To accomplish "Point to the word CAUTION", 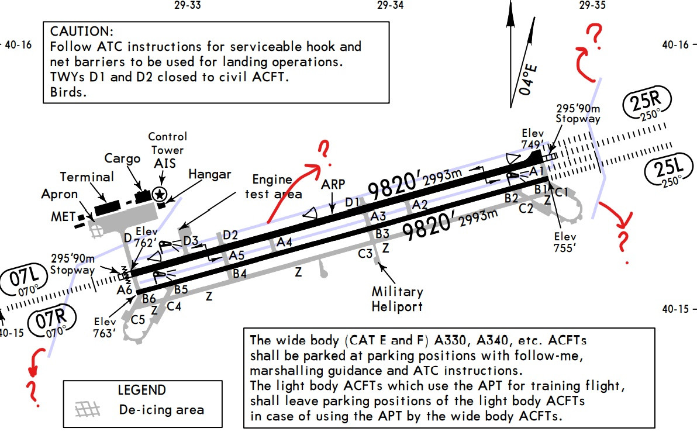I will (82, 31).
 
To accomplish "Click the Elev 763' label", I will (109, 327).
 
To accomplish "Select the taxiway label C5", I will (139, 320).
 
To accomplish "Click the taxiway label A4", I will (285, 241).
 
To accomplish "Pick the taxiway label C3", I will (365, 254).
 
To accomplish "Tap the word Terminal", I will (87, 177).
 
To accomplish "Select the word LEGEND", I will (142, 390).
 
